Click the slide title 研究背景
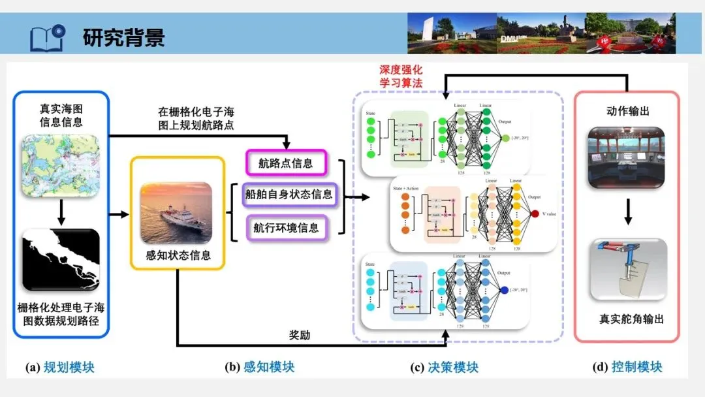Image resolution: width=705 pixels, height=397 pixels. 124,37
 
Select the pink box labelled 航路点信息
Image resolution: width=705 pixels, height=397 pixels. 285,163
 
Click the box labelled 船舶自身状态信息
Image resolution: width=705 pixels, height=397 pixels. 289,195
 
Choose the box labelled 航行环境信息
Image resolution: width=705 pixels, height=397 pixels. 286,227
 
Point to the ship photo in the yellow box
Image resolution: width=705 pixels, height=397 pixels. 177,213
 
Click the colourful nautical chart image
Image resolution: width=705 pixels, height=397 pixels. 60,167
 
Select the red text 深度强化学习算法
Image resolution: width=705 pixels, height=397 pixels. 401,76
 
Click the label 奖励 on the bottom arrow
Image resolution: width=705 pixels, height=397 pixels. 300,335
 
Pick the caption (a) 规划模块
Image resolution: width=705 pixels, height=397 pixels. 60,367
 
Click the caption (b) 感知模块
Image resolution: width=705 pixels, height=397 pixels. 260,367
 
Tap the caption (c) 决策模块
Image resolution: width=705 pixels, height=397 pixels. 444,367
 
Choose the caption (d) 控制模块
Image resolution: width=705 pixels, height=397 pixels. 627,367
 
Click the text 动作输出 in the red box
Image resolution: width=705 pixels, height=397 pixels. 627,111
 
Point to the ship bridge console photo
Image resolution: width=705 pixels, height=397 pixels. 626,157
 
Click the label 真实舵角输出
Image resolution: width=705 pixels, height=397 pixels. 631,319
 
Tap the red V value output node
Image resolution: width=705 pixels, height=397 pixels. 535,214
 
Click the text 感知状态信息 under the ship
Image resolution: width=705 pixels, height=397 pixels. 178,255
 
